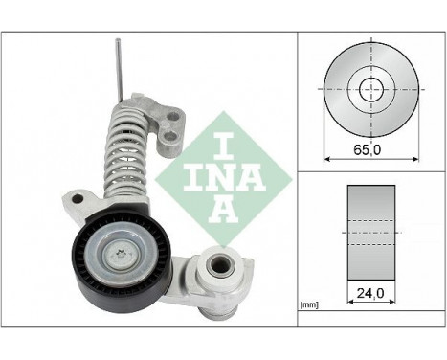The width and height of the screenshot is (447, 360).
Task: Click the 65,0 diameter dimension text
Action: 368,150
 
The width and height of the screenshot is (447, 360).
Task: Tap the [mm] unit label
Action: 308,304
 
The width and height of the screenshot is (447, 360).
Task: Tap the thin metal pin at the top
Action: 118,67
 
